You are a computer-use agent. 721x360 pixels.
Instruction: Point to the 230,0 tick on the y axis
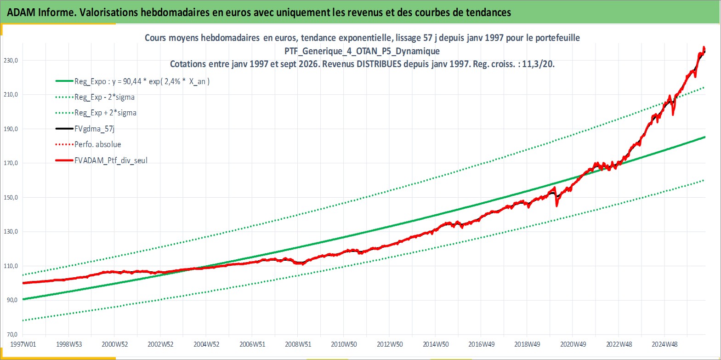pyautogui.click(x=11, y=61)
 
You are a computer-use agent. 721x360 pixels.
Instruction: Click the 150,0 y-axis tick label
pyautogui.click(x=11, y=197)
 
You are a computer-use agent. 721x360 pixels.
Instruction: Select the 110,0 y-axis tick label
pyautogui.click(x=11, y=266)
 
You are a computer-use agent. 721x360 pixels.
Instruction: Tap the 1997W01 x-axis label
pyautogui.click(x=23, y=344)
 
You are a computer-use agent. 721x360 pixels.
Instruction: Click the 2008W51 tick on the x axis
pyautogui.click(x=298, y=344)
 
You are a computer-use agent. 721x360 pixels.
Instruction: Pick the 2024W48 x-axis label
pyautogui.click(x=664, y=344)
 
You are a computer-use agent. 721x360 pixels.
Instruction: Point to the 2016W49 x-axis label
pyautogui.click(x=482, y=344)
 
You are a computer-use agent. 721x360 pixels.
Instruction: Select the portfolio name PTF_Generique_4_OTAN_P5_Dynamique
pyautogui.click(x=362, y=51)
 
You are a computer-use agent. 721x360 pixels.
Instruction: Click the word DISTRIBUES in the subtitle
pyautogui.click(x=379, y=64)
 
